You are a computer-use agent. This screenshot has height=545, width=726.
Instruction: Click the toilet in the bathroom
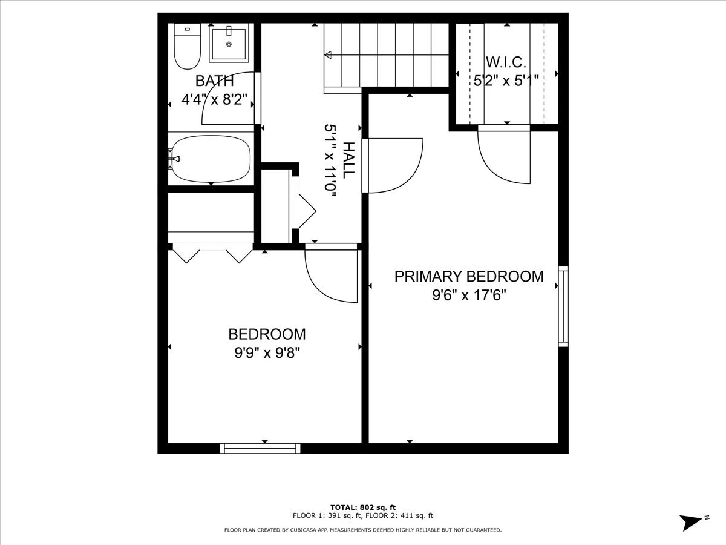[187, 47]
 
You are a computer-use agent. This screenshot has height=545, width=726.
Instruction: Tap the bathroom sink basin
[229, 43]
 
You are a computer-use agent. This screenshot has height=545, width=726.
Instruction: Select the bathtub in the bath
[211, 159]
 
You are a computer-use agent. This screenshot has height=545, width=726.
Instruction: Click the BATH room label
[214, 81]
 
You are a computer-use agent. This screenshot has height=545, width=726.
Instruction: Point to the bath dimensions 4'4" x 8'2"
[215, 99]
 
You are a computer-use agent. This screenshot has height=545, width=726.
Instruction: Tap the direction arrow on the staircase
[329, 55]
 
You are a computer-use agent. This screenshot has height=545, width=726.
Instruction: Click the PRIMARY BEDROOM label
[469, 277]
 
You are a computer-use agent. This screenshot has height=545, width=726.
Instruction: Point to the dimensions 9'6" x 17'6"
[469, 296]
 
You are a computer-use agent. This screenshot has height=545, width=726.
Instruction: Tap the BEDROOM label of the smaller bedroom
[267, 334]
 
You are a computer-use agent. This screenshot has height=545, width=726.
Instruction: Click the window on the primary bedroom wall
[563, 306]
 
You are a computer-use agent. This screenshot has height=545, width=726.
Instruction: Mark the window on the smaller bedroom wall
[260, 448]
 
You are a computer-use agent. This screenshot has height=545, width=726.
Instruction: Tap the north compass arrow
[691, 522]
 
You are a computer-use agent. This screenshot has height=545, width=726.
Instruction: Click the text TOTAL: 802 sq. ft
[362, 507]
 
